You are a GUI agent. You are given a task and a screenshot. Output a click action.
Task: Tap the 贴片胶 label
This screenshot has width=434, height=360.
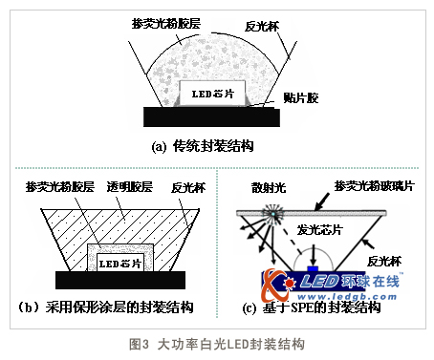point(305,97)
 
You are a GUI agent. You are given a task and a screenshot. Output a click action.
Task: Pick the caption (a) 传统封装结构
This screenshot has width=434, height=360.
point(208,147)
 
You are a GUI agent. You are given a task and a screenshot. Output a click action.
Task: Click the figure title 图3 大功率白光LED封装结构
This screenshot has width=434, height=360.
point(216,342)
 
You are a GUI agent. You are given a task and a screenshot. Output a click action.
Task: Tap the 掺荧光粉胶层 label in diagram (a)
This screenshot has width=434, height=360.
point(163,22)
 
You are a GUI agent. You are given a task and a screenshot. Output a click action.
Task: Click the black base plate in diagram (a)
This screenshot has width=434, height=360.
point(211,116)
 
